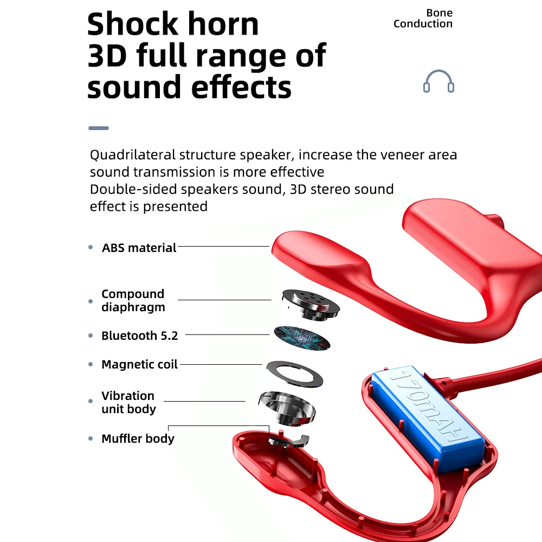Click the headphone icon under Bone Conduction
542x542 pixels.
438,82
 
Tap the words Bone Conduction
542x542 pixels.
423,18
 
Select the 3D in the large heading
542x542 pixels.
107,55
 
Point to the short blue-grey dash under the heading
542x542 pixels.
99,128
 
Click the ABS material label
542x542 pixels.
139,248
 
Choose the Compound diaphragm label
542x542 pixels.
133,300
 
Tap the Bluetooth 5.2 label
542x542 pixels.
139,335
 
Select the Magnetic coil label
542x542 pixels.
139,364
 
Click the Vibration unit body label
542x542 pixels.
128,402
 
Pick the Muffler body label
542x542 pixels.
138,438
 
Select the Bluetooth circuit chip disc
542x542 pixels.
302,337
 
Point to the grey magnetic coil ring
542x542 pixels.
296,373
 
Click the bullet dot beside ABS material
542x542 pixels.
91,247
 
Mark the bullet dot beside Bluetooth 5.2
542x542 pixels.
91,336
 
